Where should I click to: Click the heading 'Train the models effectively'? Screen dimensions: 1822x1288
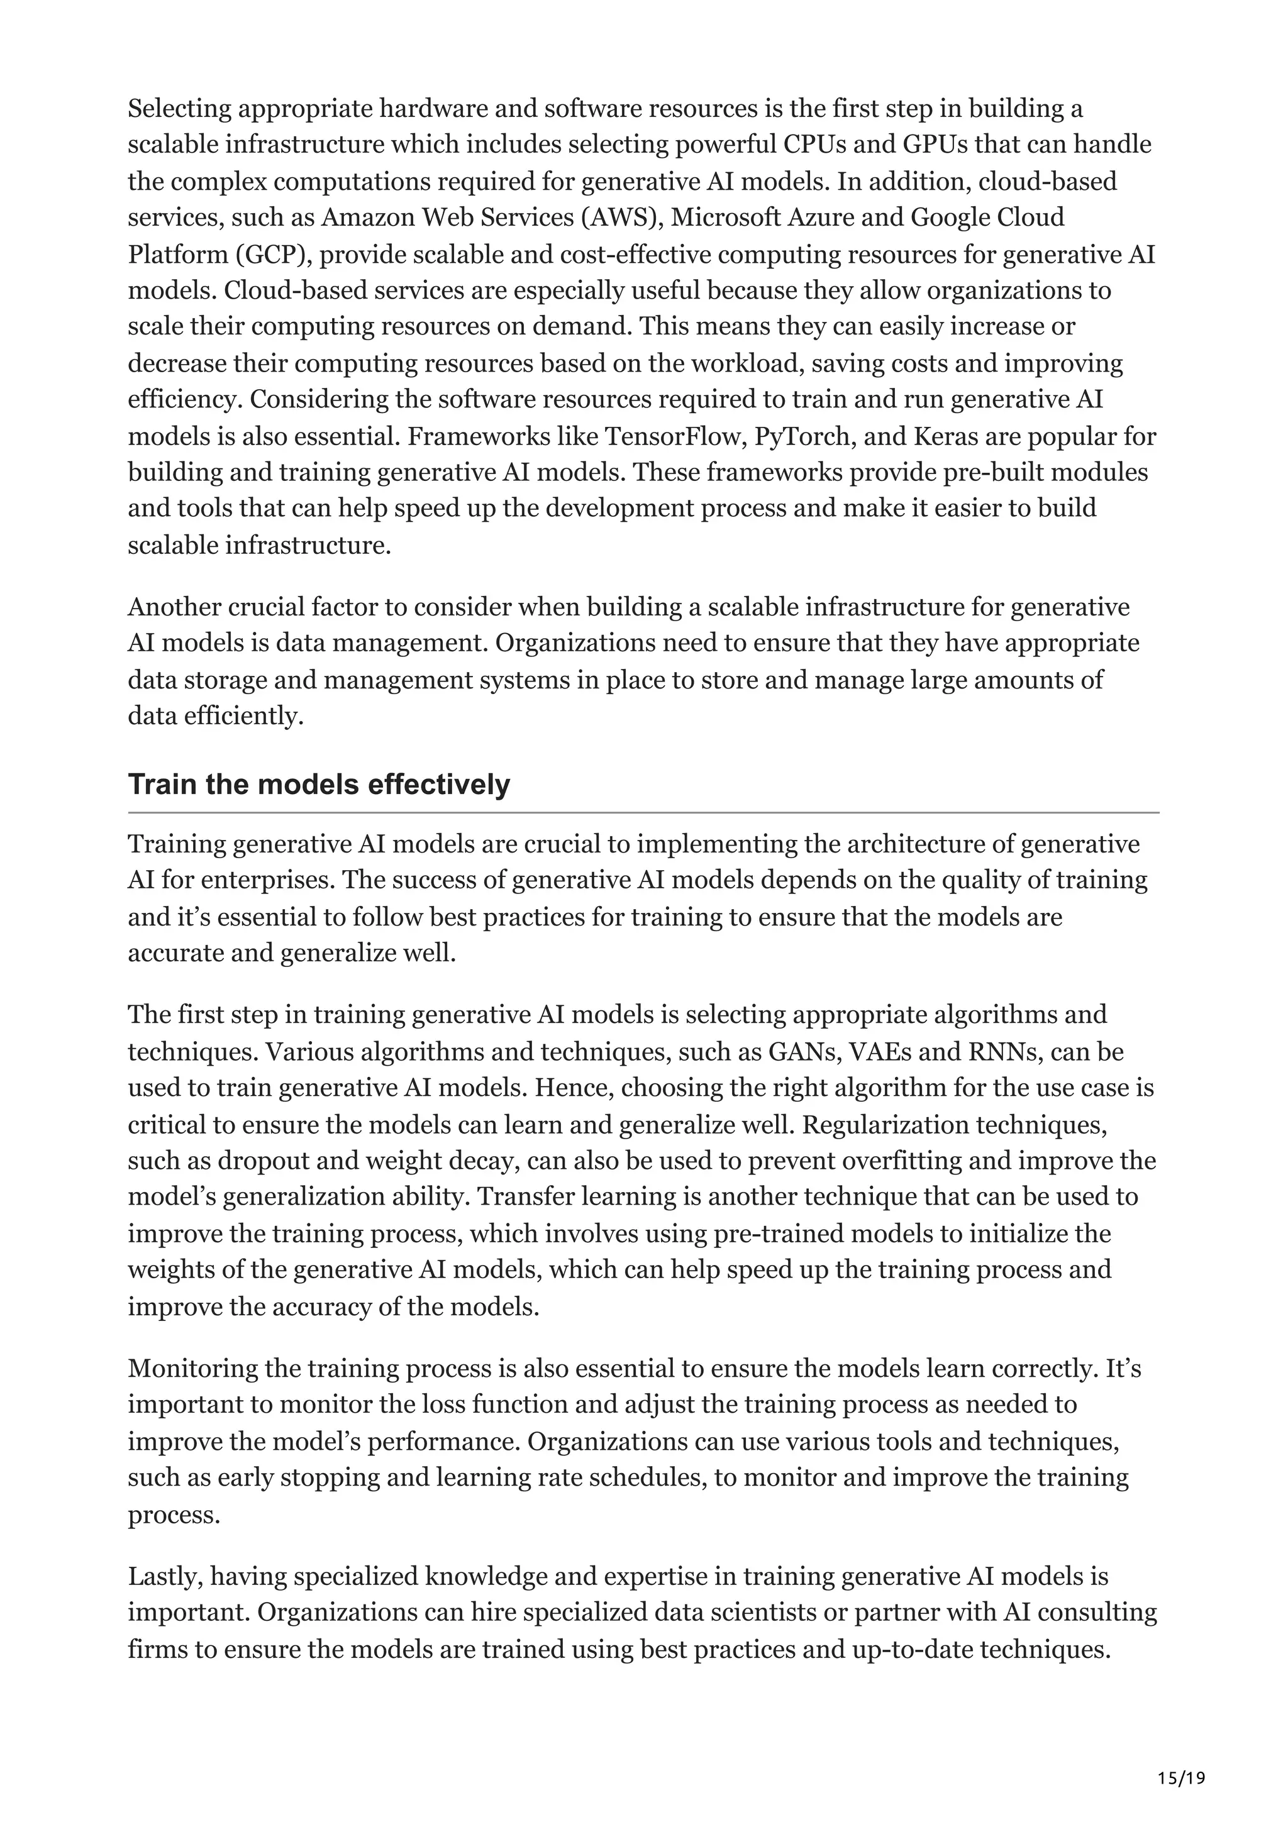click(318, 784)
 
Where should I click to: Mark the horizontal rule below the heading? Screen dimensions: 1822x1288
click(643, 812)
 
